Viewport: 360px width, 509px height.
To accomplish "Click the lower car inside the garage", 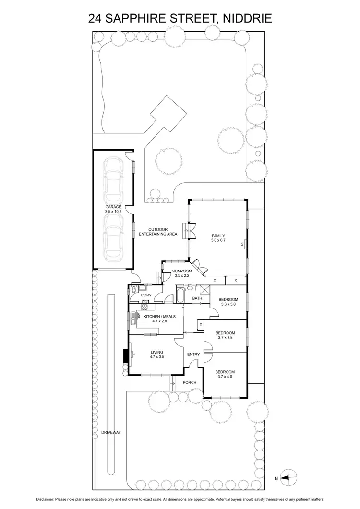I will [114, 237].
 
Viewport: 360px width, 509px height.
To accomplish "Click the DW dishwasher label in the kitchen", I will [139, 316].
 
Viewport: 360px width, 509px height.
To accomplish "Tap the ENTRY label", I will [193, 355].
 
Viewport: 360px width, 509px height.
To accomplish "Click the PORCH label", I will [190, 382].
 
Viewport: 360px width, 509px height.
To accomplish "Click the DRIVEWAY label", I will [111, 432].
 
